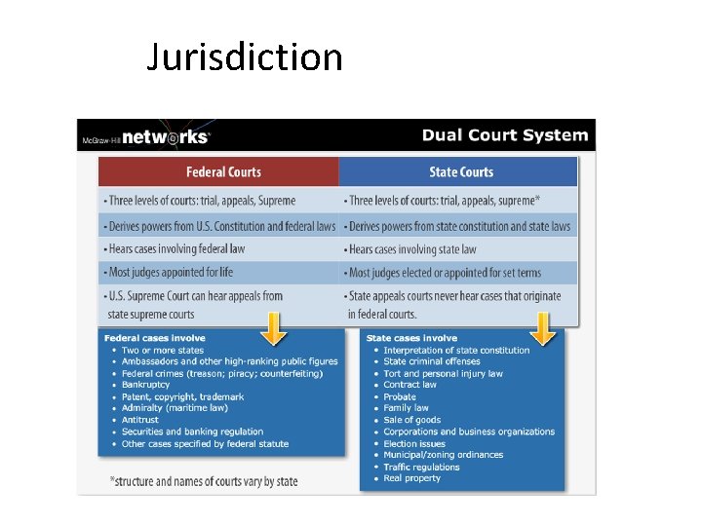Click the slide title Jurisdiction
(244, 57)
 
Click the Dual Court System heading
(504, 135)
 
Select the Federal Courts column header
(223, 172)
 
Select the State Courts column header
(461, 172)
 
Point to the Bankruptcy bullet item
(145, 385)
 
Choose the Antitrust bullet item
(140, 420)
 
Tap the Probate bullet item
(399, 396)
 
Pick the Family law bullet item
(407, 408)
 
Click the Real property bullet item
(411, 478)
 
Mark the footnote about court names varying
(204, 481)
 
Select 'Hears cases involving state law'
(412, 249)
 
